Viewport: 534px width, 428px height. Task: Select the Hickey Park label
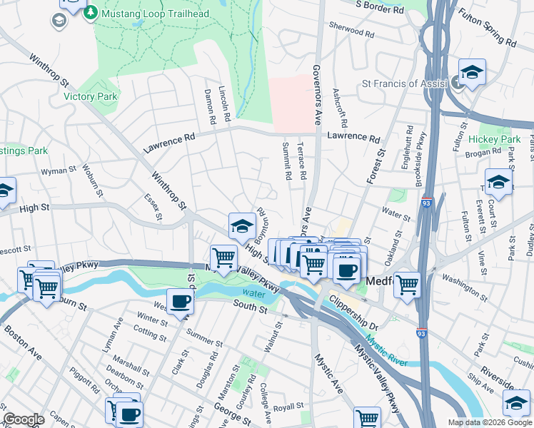tap(494, 139)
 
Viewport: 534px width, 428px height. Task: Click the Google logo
tap(24, 419)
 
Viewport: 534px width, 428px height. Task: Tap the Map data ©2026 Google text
tap(490, 422)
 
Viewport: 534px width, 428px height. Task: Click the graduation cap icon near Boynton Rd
tap(242, 226)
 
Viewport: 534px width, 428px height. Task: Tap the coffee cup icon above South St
tap(180, 301)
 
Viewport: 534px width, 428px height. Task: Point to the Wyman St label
tap(59, 170)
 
